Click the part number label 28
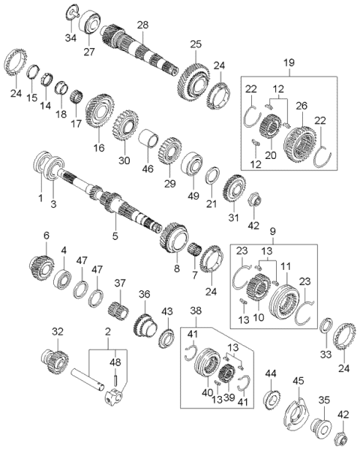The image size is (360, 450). click(142, 25)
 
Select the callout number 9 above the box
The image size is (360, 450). click(273, 232)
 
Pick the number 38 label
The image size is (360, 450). click(196, 310)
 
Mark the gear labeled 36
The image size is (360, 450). click(144, 324)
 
